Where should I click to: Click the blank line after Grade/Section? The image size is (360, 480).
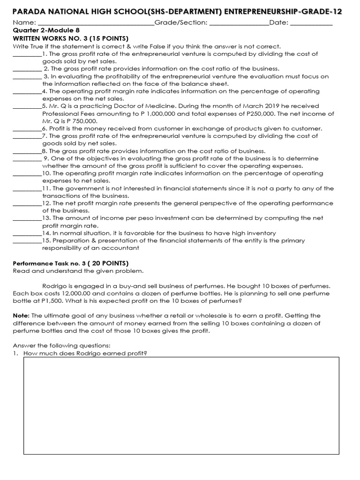pyautogui.click(x=239, y=23)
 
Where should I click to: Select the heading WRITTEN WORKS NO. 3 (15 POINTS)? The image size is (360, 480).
pyautogui.click(x=71, y=38)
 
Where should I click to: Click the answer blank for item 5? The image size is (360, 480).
pyautogui.click(x=27, y=107)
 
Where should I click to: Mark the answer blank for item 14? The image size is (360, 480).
pyautogui.click(x=27, y=234)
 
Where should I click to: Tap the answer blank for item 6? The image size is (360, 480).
pyautogui.click(x=27, y=129)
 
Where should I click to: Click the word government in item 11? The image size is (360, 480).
pyautogui.click(x=80, y=188)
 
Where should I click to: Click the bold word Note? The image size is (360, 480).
pyautogui.click(x=21, y=316)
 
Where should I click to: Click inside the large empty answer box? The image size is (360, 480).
pyautogui.click(x=181, y=405)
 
